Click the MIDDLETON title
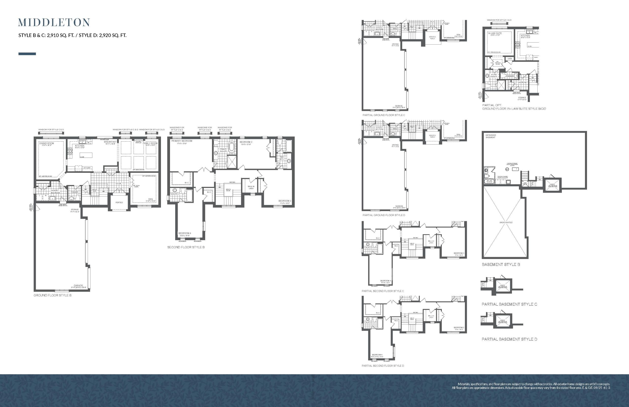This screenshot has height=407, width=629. coord(54,23)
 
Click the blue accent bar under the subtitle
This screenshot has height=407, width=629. coord(27,54)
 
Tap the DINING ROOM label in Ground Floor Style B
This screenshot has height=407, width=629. coord(46,144)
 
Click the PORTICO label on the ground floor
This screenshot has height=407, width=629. coord(119,203)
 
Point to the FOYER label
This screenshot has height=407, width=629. coord(118,183)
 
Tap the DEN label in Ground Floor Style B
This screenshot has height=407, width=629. coord(150,199)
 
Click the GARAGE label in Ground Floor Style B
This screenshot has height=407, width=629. coord(78,285)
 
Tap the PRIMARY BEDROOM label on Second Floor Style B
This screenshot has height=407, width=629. coord(182,141)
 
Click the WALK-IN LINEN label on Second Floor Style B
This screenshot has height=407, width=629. coord(251,187)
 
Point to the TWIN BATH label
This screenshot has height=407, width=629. coord(282,158)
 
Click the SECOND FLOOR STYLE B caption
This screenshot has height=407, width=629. coord(186,247)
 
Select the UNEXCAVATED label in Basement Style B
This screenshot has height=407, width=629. coord(506,222)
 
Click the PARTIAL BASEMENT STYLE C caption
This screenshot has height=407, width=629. coord(509,304)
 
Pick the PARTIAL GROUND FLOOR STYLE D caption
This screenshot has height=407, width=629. coord(384,215)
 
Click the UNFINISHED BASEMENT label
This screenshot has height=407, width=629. coord(491,136)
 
